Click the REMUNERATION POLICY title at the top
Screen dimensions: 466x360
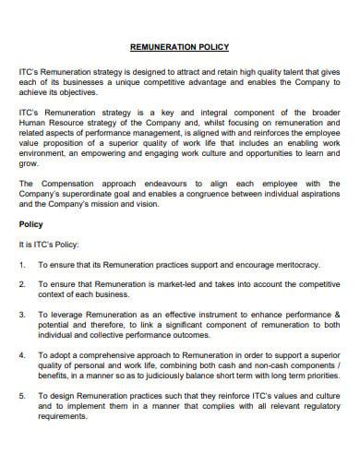179,46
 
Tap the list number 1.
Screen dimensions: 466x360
22,265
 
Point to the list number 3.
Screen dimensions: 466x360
22,315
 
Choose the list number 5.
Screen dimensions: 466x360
22,396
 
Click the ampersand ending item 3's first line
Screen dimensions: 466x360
337,315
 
